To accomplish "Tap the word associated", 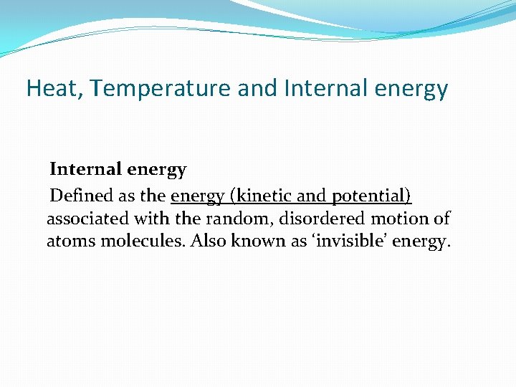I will point(84,219).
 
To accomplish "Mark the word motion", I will point(401,219).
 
